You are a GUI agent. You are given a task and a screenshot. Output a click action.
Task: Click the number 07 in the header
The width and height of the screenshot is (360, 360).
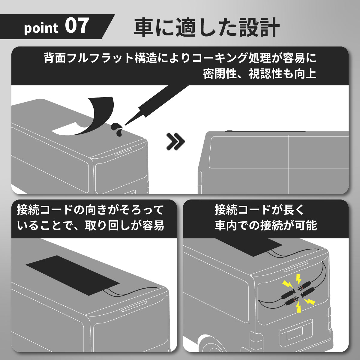tap(77, 26)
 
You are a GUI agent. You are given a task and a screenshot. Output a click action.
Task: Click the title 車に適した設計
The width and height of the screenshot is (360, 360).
tap(207, 28)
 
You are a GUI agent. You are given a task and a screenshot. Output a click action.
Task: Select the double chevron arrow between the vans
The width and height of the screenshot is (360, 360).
tap(175, 142)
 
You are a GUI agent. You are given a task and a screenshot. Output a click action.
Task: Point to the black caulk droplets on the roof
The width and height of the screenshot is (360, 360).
tap(117, 129)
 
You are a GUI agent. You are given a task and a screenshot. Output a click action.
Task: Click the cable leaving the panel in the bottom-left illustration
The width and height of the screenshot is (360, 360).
tap(131, 293)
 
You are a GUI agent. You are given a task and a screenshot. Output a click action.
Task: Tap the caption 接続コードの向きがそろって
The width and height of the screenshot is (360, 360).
tap(90, 210)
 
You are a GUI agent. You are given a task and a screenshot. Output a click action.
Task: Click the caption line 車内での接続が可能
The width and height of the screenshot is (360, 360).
tap(266, 225)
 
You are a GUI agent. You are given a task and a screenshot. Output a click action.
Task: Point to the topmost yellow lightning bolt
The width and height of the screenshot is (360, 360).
tap(298, 280)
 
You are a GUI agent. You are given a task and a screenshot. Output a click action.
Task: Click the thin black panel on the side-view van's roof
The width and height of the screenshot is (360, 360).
tap(265, 131)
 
